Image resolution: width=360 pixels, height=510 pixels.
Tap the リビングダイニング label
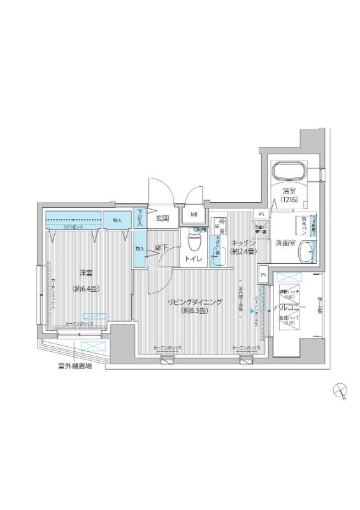click(x=195, y=302)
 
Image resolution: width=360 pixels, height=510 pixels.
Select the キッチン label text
click(x=243, y=242)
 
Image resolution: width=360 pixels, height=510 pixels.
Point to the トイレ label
click(x=194, y=259)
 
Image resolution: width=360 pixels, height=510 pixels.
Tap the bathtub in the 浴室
click(x=289, y=172)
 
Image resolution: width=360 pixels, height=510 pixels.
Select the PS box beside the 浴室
click(x=262, y=214)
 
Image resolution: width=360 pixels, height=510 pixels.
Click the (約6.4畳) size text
click(x=86, y=289)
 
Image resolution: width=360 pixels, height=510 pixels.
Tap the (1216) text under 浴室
click(x=289, y=199)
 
